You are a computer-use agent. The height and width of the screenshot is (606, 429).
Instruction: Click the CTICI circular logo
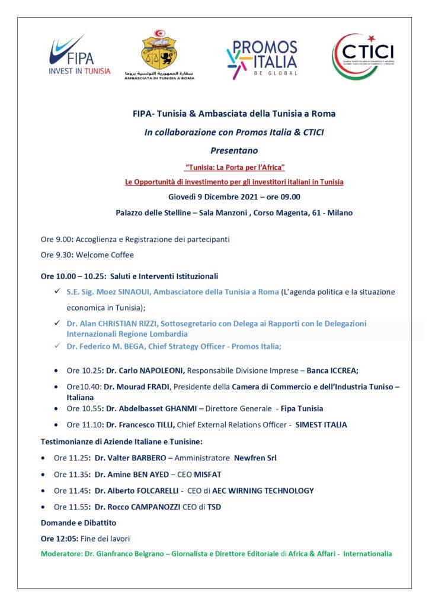point(362,57)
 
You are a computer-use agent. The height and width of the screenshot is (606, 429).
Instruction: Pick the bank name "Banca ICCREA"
point(333,370)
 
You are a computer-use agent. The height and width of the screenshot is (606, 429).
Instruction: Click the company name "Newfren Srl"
point(255,457)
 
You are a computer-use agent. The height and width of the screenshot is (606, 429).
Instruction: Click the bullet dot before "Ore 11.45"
point(43,491)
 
